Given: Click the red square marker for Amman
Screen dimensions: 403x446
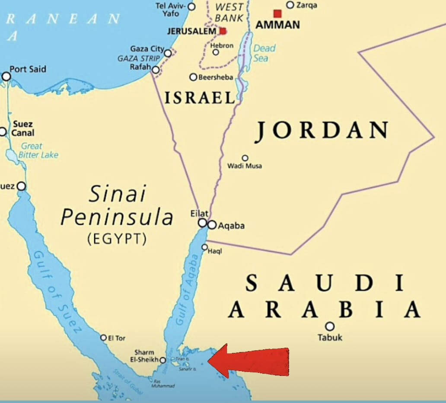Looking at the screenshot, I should [x=277, y=14].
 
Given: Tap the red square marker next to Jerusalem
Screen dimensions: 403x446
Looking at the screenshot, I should [x=223, y=31].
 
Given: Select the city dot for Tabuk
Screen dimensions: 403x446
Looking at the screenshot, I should [x=330, y=326].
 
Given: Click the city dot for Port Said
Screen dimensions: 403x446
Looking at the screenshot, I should [x=6, y=77].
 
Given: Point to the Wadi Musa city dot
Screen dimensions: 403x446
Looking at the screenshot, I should [x=245, y=158].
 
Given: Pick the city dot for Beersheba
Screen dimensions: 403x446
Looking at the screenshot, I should [x=193, y=77].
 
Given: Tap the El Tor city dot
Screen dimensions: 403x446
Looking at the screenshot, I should [x=103, y=338].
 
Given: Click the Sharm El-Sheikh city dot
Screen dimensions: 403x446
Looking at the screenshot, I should [x=162, y=360].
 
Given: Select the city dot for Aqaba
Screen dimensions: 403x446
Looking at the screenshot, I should [x=212, y=225].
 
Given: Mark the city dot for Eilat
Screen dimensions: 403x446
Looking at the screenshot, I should [x=202, y=223].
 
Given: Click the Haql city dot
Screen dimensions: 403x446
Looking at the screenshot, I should [x=205, y=247].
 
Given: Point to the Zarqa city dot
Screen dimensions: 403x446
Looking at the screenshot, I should [x=290, y=5].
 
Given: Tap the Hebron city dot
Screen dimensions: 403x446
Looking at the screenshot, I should [x=216, y=52].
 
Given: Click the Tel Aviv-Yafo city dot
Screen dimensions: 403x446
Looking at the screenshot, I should [x=191, y=6].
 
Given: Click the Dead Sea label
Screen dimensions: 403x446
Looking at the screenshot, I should [x=264, y=53].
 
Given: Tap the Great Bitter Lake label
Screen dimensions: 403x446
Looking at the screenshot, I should [x=38, y=150].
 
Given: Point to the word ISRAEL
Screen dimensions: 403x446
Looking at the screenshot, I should [x=200, y=98].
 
